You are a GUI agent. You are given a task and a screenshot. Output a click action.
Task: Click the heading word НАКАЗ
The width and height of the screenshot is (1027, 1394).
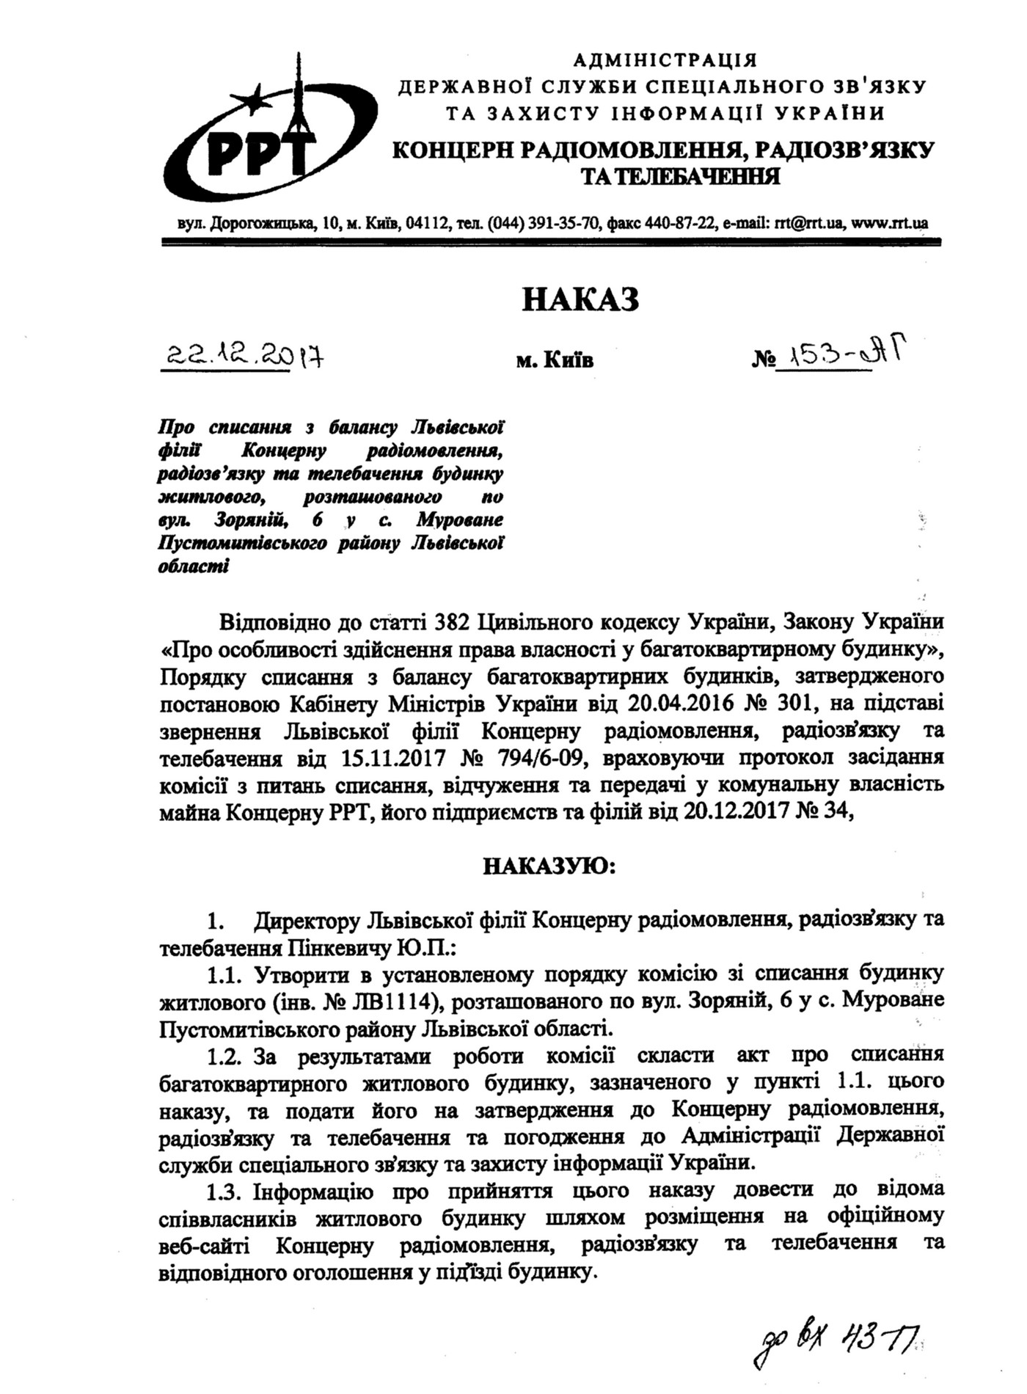(580, 300)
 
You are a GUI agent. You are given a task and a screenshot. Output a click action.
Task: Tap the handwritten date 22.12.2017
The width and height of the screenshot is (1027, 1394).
(243, 357)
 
